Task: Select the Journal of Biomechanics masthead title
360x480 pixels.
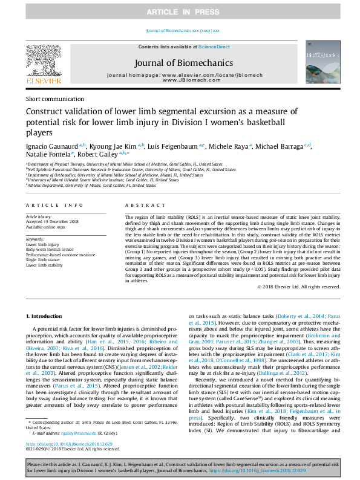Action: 183,62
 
